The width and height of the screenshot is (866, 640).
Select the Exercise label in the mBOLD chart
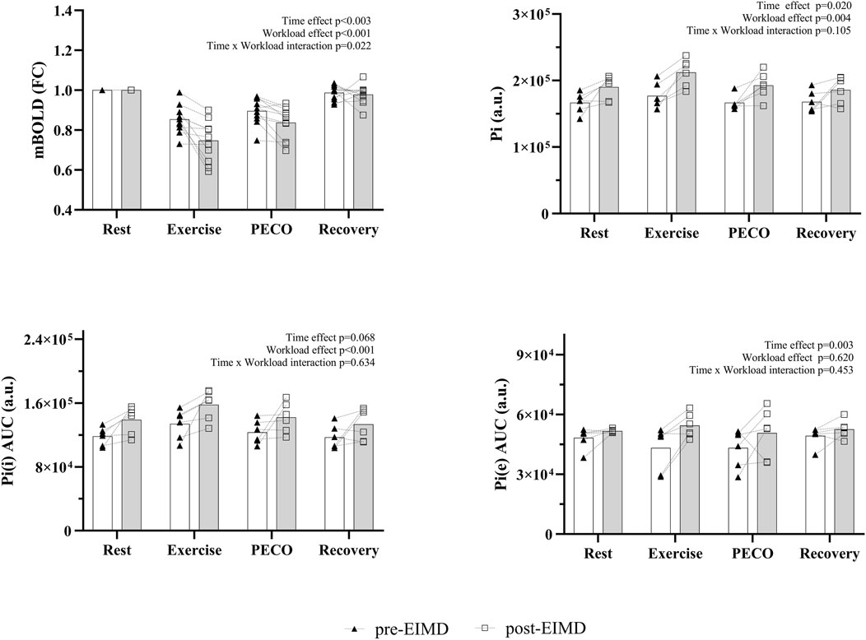[x=195, y=230]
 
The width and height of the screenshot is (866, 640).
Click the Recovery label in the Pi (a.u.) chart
[x=826, y=234]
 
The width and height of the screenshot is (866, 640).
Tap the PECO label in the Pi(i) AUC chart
[x=272, y=549]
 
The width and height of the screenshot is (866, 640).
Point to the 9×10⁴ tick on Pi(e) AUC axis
[x=540, y=355]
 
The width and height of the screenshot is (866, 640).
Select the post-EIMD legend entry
[x=532, y=628]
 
